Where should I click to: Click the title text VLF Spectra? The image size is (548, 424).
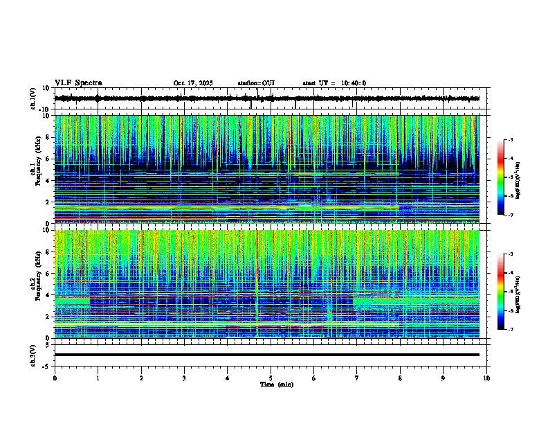[78, 83]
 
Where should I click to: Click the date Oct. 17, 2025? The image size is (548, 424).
[193, 83]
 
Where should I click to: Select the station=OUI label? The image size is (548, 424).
[256, 83]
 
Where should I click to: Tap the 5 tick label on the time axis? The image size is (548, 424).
[271, 378]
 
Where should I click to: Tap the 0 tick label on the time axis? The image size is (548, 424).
[55, 378]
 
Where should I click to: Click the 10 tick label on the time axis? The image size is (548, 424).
[486, 378]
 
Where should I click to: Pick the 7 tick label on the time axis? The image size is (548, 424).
[357, 378]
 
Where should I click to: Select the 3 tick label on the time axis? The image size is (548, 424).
[184, 378]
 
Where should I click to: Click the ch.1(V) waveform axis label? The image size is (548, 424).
[33, 98]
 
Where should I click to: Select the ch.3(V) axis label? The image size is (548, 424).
[33, 354]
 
